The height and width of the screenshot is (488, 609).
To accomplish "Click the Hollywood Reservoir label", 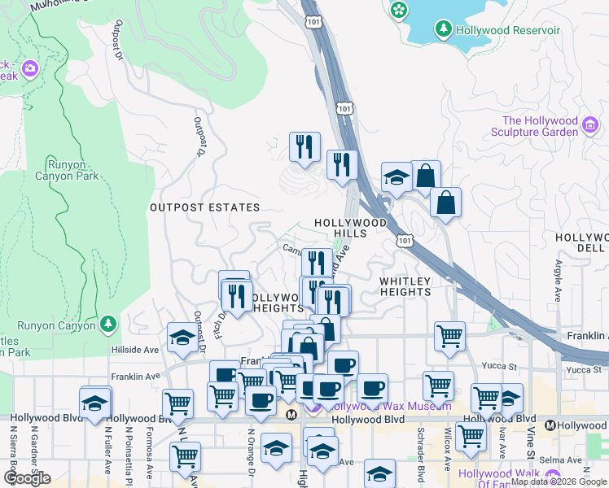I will click(508, 30).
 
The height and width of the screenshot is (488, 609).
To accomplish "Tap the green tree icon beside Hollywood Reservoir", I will click(443, 30).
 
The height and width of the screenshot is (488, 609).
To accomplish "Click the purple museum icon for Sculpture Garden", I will click(590, 125).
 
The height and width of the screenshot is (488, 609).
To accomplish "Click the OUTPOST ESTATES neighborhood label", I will click(204, 207).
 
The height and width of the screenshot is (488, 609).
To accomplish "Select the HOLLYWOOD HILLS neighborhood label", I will click(350, 227).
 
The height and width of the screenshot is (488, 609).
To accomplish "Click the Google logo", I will click(27, 478).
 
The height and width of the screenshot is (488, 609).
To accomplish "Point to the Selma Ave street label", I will click(560, 460).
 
